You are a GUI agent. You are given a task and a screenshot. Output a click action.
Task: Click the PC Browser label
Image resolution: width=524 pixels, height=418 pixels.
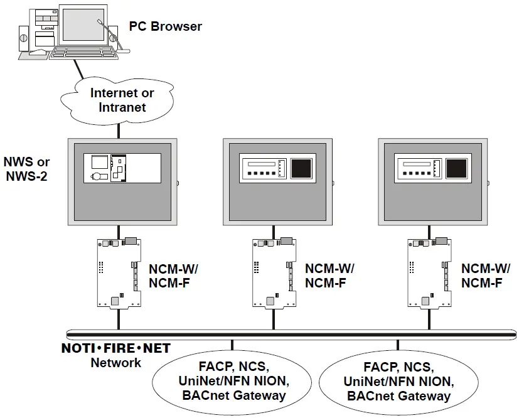pyautogui.click(x=166, y=26)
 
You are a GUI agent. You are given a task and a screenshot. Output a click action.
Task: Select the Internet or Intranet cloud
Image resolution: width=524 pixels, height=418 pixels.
pyautogui.click(x=119, y=100)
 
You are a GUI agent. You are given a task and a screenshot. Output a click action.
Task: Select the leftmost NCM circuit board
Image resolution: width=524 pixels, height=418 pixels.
pyautogui.click(x=119, y=274)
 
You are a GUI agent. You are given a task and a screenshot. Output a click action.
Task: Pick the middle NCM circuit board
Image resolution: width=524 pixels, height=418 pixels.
pyautogui.click(x=274, y=274)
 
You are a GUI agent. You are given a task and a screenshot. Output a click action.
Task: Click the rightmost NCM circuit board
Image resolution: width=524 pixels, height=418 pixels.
pyautogui.click(x=430, y=274)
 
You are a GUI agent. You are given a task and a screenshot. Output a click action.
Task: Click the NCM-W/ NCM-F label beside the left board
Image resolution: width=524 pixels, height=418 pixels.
pyautogui.click(x=173, y=276)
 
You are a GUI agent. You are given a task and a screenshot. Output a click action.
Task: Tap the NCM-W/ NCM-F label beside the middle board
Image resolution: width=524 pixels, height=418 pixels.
pyautogui.click(x=329, y=276)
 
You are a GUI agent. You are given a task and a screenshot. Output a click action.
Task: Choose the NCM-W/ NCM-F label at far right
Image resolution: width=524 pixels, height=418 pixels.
pyautogui.click(x=486, y=276)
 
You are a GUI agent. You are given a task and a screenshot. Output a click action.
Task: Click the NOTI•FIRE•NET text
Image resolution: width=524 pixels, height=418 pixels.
pyautogui.click(x=115, y=348)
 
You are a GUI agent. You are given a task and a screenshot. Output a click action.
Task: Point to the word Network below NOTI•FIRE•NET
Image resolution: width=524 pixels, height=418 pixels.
pyautogui.click(x=115, y=363)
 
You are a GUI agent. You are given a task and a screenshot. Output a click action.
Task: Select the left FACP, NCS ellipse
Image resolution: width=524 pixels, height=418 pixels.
pyautogui.click(x=233, y=380)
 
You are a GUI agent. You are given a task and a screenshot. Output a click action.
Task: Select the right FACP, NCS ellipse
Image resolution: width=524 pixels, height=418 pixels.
pyautogui.click(x=397, y=382)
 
